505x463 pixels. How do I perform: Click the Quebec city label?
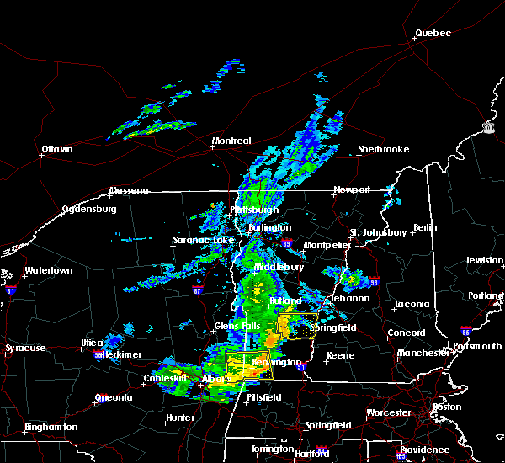(x=433, y=34)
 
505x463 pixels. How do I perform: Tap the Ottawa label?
(x=57, y=151)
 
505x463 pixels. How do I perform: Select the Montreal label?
(x=231, y=141)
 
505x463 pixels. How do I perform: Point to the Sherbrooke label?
(x=383, y=150)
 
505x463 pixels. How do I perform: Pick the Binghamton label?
(x=50, y=428)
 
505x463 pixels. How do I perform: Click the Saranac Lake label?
(x=197, y=240)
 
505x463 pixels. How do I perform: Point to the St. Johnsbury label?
(x=378, y=232)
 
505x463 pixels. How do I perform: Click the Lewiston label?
(x=485, y=261)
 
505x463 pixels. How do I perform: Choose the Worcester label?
(x=389, y=413)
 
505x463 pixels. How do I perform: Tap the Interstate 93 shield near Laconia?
(x=375, y=283)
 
